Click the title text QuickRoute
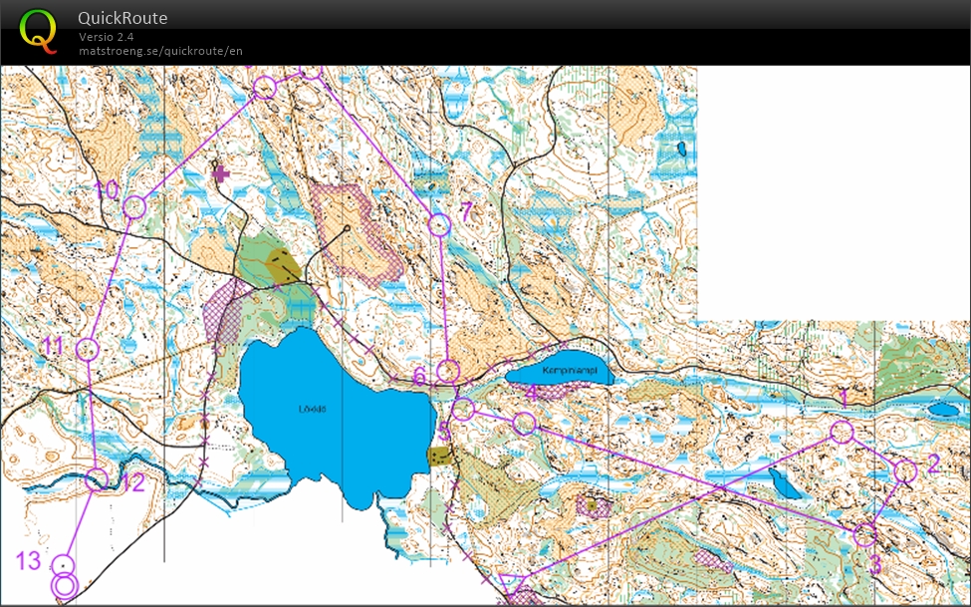click(x=122, y=18)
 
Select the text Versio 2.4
click(x=106, y=37)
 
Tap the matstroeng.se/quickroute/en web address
click(x=160, y=51)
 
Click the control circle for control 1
click(x=842, y=431)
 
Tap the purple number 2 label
click(x=933, y=462)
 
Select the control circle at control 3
click(x=864, y=535)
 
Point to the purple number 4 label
click(x=532, y=393)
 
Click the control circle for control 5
click(x=462, y=409)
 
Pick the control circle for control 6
click(x=448, y=372)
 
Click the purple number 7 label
click(x=465, y=210)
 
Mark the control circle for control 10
click(x=134, y=207)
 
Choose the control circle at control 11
click(x=87, y=349)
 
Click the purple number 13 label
click(x=28, y=561)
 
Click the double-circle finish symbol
click(x=64, y=585)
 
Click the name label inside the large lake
click(x=312, y=409)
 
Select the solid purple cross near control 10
click(x=221, y=173)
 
